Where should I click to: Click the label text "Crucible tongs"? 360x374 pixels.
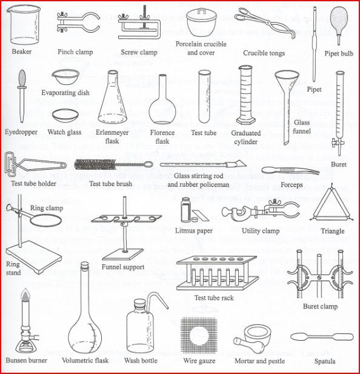tap(264, 53)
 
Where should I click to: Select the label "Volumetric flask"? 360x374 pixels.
tap(85, 361)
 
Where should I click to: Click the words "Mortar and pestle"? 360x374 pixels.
tap(259, 361)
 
